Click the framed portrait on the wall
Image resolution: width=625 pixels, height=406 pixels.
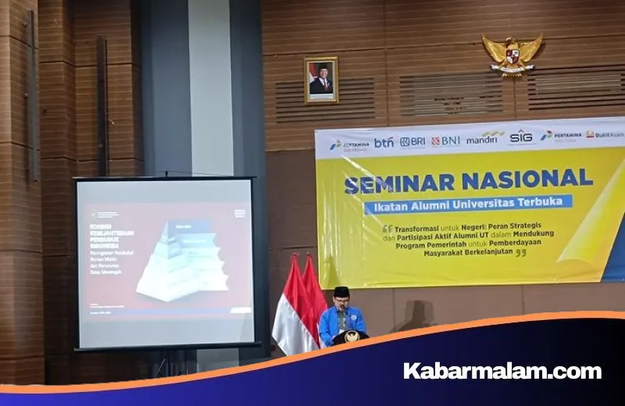click(321, 80)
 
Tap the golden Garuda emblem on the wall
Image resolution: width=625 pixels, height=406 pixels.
click(512, 54)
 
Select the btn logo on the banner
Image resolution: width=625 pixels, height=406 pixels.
click(384, 143)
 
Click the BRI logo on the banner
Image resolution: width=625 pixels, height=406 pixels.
click(412, 142)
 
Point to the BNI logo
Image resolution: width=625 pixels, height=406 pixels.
click(446, 141)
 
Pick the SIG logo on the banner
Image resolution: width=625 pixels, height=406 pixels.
click(521, 137)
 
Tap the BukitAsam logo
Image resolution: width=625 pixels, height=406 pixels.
click(605, 134)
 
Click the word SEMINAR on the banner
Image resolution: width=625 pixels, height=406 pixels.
click(398, 183)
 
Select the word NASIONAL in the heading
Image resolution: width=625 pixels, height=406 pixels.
click(527, 179)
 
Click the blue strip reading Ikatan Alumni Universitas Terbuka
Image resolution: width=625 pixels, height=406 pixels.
click(468, 204)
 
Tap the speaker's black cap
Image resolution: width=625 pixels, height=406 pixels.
click(341, 291)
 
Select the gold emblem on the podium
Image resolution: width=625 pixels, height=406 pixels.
click(351, 337)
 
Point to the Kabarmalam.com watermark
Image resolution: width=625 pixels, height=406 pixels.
click(502, 371)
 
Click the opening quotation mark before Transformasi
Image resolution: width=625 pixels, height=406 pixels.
click(387, 230)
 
